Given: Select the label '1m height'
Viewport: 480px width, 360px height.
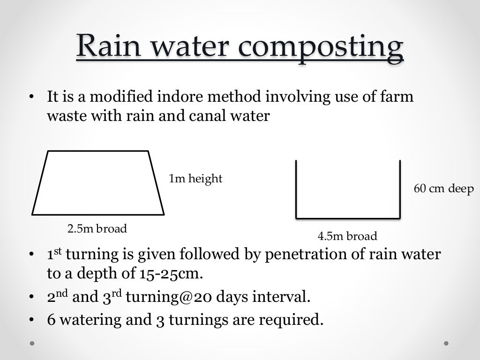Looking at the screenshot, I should pyautogui.click(x=195, y=179).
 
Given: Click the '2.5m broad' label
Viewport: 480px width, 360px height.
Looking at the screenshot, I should pyautogui.click(x=97, y=229).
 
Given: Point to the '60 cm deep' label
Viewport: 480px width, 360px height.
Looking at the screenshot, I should pyautogui.click(x=444, y=189).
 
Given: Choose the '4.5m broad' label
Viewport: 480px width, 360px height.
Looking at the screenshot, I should pyautogui.click(x=347, y=236).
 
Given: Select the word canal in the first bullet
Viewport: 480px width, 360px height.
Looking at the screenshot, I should pyautogui.click(x=211, y=116).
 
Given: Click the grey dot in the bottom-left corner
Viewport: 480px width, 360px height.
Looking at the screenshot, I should pyautogui.click(x=32, y=343).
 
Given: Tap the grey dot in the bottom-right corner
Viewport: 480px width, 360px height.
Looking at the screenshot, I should pyautogui.click(x=446, y=343).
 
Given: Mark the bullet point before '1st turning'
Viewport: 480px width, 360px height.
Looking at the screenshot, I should pyautogui.click(x=32, y=255).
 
